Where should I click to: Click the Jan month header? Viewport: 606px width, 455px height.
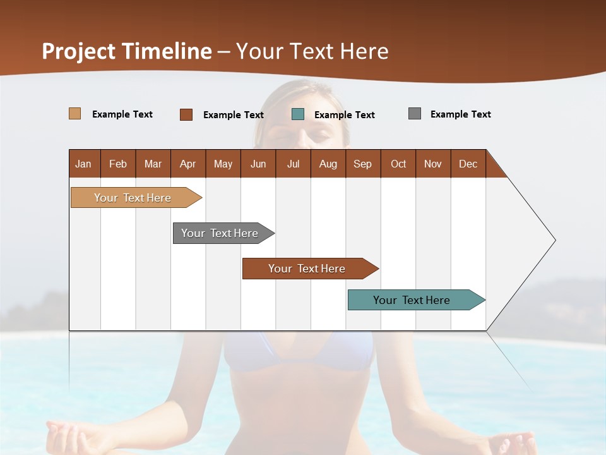pos(84,164)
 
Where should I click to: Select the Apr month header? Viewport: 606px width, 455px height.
pos(188,164)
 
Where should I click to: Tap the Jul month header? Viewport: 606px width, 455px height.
pos(293,164)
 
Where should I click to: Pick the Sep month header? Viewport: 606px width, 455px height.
pos(362,164)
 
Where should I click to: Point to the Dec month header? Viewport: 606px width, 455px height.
pos(468,164)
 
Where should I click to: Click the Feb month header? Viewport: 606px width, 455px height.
pos(118,164)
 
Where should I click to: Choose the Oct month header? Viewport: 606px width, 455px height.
pos(398,164)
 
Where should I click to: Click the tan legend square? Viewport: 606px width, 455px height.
pos(75,114)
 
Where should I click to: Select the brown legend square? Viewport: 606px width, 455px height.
pos(186,114)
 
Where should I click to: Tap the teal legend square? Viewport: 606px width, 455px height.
pos(298,114)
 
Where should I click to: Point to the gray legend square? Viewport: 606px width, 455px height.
pos(415,114)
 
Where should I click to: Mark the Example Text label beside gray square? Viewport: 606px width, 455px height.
pos(460,114)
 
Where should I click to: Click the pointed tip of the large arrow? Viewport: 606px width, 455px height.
pos(554,240)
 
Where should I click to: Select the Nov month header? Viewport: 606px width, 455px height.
pos(433,164)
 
